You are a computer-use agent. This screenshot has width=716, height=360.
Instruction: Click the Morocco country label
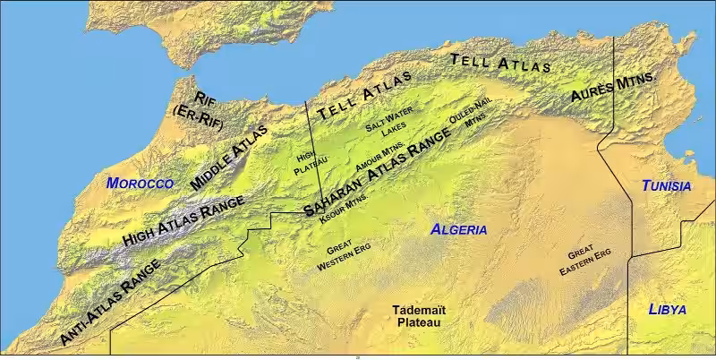coord(139,183)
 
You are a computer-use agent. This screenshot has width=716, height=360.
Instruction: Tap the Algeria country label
coord(459,229)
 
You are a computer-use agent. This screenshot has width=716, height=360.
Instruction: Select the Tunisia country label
coord(666,186)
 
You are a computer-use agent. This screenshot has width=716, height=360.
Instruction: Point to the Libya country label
coord(667,310)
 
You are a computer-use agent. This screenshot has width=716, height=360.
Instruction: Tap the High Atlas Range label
coord(183,223)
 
